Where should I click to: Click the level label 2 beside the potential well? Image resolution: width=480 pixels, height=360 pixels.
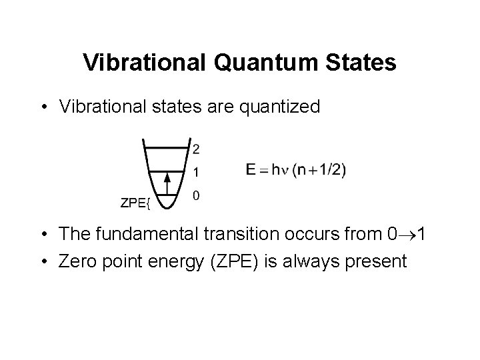pyautogui.click(x=195, y=148)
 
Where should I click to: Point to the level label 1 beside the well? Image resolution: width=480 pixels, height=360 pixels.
pyautogui.click(x=195, y=173)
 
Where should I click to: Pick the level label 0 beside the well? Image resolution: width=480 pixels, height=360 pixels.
pyautogui.click(x=195, y=196)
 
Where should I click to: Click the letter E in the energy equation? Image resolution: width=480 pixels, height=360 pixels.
pyautogui.click(x=250, y=170)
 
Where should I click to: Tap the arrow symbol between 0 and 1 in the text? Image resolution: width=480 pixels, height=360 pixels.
pyautogui.click(x=404, y=235)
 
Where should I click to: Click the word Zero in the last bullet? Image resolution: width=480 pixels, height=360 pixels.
pyautogui.click(x=77, y=261)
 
